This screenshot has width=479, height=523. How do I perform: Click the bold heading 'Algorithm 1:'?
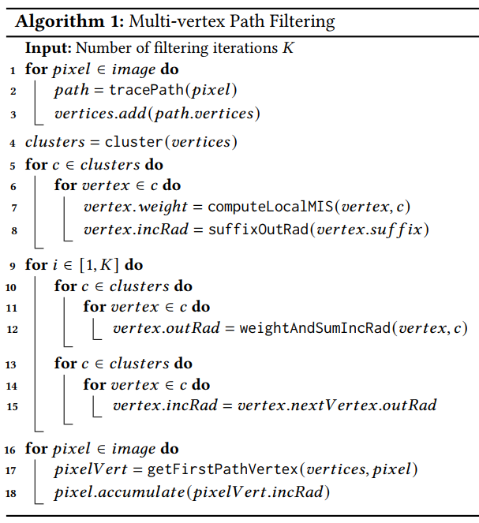point(69,22)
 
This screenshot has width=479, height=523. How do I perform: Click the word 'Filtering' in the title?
point(302,22)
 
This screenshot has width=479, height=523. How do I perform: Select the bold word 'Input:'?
point(48,48)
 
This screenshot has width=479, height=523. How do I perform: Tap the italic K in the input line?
point(288,47)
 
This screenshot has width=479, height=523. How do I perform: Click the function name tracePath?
point(147,90)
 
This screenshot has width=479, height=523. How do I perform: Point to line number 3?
point(13,114)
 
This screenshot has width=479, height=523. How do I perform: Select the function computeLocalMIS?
point(271,207)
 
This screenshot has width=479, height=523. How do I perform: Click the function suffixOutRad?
point(259,230)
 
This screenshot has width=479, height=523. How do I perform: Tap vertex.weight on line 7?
point(136,207)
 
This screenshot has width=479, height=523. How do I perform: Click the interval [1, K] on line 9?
point(99,265)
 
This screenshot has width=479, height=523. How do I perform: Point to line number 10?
point(11,287)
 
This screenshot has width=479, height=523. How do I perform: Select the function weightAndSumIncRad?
point(315,328)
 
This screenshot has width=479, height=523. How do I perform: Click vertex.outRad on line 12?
point(167,328)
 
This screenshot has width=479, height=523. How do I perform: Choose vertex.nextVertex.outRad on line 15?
point(337,405)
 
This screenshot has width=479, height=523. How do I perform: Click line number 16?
point(10,450)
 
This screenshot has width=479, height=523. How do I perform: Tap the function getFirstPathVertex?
point(223,469)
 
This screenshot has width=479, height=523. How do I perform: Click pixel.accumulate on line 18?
point(119,492)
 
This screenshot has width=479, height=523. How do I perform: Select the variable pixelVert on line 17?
point(91,469)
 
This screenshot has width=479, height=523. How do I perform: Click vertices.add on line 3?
point(100,114)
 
